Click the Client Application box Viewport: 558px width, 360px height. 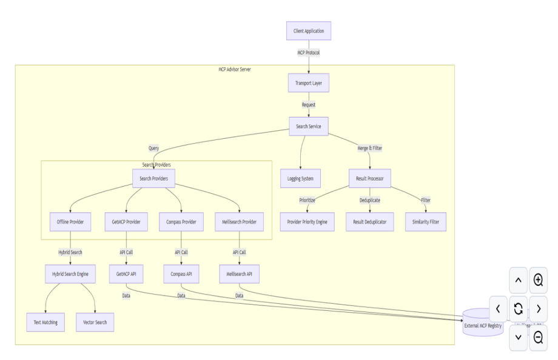(x=309, y=31)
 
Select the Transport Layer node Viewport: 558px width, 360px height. (x=309, y=83)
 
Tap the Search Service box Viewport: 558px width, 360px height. (x=309, y=126)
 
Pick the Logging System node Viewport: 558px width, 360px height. (x=300, y=178)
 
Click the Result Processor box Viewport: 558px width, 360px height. (x=370, y=178)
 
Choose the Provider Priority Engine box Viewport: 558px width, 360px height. (x=307, y=222)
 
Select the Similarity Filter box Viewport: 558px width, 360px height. (x=426, y=222)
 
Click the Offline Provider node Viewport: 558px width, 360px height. (x=70, y=222)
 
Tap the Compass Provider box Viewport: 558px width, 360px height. (x=181, y=222)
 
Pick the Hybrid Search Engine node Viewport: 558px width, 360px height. (x=70, y=274)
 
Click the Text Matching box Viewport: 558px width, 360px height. (x=45, y=322)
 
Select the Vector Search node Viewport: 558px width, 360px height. (x=95, y=322)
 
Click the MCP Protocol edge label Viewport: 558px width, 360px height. (x=309, y=53)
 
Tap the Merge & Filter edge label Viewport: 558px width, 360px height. (x=370, y=148)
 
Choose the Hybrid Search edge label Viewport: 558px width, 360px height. (x=70, y=252)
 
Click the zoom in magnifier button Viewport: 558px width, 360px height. (x=538, y=280)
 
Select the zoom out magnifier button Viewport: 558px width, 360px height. (x=538, y=338)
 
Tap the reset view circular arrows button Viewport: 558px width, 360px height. (x=518, y=308)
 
